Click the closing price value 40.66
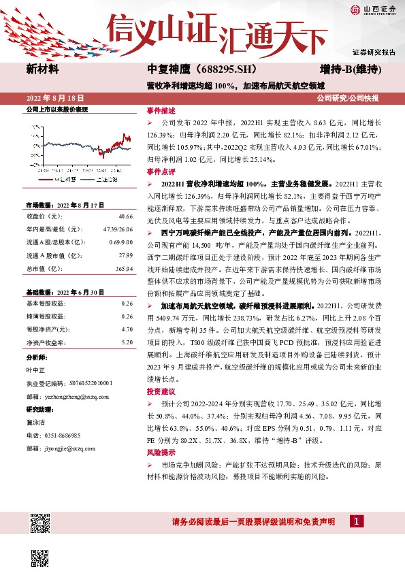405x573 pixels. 126,216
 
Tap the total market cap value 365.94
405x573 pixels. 124,269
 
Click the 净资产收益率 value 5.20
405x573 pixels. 127,342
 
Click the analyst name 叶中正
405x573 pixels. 36,370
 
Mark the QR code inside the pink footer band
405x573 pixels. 40,523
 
